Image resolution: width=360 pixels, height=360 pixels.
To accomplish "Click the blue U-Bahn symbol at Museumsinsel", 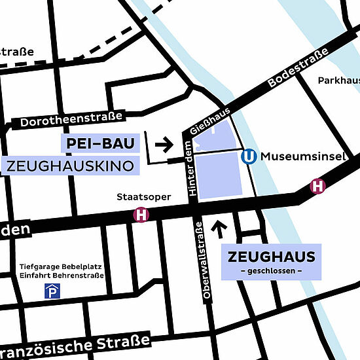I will point(249,157).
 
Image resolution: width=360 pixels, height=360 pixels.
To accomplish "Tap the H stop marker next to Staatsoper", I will point(141,214).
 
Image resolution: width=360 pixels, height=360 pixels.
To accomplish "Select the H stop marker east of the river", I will point(318,186).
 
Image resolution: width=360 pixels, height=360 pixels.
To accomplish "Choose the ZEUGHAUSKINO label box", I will point(71,166).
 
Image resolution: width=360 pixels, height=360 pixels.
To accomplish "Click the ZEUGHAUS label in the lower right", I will point(271,257).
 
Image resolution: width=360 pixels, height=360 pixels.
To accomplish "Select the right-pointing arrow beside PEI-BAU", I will point(164,143).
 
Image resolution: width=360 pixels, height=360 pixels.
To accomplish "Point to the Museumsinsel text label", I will point(298,157).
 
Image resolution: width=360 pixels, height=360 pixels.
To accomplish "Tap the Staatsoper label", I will point(143,196).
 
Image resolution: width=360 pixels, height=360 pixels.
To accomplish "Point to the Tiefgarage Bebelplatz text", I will point(59,266).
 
